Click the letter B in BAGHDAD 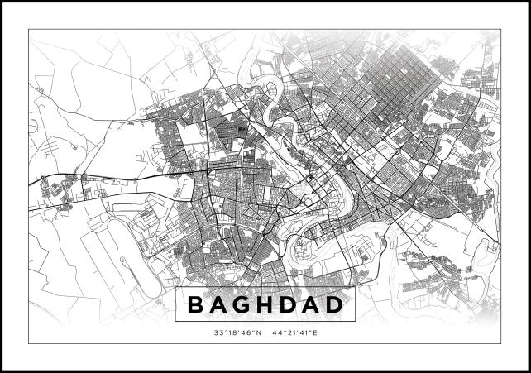pos(196,305)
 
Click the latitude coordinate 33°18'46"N pos(237,333)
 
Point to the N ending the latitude pos(258,333)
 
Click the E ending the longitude pos(316,333)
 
